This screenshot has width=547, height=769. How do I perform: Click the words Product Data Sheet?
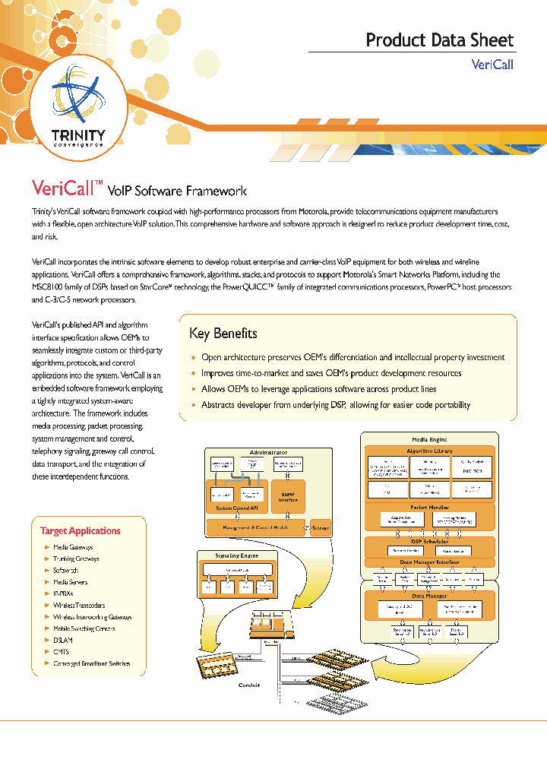(439, 40)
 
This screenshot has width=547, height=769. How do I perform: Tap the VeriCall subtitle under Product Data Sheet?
(492, 65)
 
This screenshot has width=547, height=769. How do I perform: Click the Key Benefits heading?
(223, 334)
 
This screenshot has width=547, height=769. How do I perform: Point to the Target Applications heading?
(80, 530)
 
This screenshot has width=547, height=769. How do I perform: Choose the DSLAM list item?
(63, 640)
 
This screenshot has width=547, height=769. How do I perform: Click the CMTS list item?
(62, 651)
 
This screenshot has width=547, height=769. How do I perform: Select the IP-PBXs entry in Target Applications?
(63, 593)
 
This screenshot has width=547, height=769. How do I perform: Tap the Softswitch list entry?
(65, 570)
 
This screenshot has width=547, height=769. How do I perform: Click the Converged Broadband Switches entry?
(91, 663)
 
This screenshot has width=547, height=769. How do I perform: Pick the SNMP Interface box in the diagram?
(287, 496)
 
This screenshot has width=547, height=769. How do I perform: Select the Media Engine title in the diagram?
(429, 439)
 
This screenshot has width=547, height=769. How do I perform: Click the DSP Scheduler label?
(429, 541)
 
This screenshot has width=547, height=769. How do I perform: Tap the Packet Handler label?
(429, 507)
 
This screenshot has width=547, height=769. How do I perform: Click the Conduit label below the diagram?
(249, 685)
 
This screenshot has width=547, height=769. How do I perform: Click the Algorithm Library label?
(431, 451)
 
